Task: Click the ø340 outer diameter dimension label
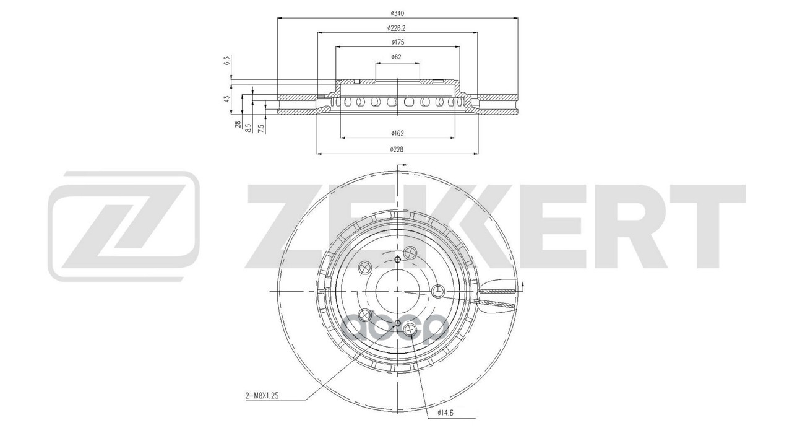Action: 397,13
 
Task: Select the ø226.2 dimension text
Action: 397,28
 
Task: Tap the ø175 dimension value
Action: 397,42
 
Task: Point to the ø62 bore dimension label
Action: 397,57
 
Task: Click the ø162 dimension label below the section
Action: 397,133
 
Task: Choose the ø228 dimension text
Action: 397,149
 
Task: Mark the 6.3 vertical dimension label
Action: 227,61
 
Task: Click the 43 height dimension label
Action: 227,98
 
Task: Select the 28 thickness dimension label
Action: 238,125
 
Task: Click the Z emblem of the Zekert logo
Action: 124,226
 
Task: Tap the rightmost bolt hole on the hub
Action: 437,291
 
